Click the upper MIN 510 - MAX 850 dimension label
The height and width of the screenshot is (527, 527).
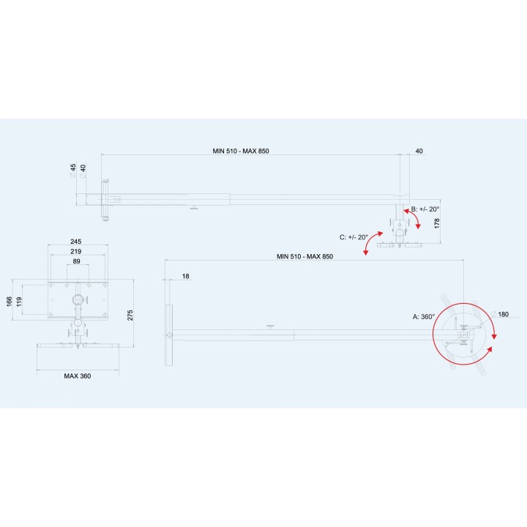pos(241,151)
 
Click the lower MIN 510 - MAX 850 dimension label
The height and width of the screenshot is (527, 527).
pos(304,256)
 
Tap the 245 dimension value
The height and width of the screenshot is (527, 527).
pos(76,242)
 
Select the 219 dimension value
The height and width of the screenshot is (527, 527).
pos(76,251)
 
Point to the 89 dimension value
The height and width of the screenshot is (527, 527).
pos(77,261)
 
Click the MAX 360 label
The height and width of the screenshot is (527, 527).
pos(78,375)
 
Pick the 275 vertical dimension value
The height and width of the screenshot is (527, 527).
pos(130,315)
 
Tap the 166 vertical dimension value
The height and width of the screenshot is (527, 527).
pos(10,302)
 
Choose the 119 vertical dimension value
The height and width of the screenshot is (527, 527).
pos(19,302)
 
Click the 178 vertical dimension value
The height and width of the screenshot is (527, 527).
pos(437,223)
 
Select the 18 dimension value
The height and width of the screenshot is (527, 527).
pos(185,276)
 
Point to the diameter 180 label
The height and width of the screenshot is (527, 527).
pos(500,314)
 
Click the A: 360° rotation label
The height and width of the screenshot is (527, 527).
pos(424,317)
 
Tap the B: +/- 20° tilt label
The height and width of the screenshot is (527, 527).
pos(425,209)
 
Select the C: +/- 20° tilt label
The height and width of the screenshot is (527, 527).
pos(354,237)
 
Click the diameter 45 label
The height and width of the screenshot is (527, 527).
pos(73,171)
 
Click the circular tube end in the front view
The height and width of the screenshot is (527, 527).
pos(78,299)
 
